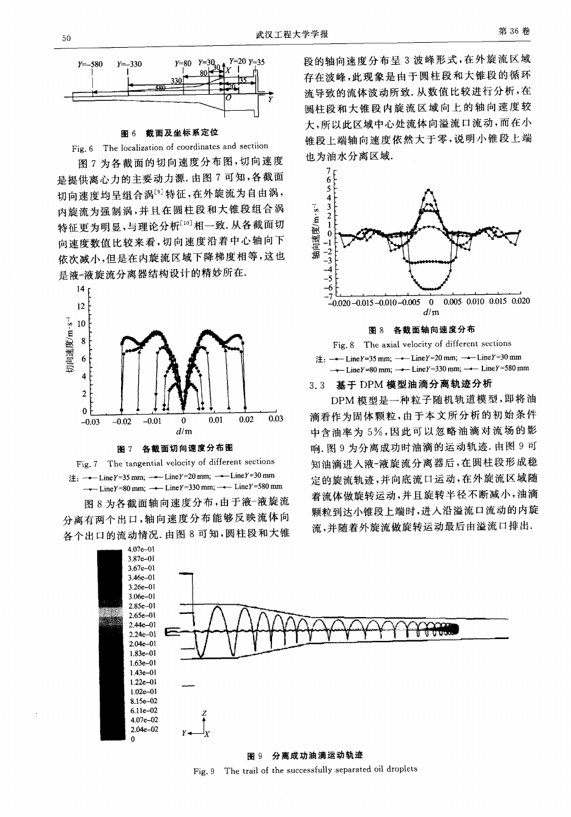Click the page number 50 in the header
[x=67, y=38]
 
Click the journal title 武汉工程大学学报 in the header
[x=292, y=34]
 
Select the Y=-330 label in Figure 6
[x=128, y=64]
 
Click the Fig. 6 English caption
[x=169, y=147]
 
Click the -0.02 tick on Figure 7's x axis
[x=123, y=421]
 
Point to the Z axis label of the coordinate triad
[x=204, y=714]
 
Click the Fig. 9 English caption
[x=304, y=769]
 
